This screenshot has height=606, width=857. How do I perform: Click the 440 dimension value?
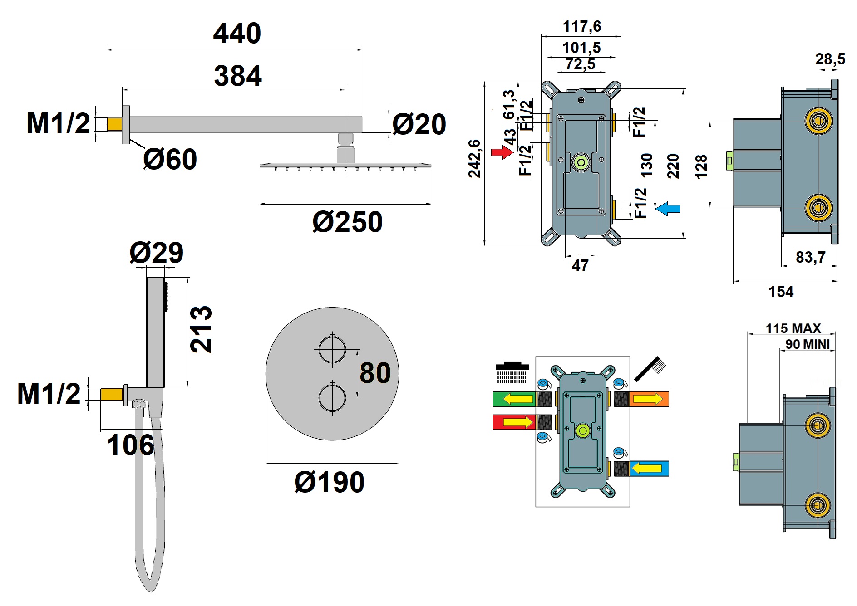pyautogui.click(x=237, y=34)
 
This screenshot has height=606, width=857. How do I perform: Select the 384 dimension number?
pyautogui.click(x=238, y=76)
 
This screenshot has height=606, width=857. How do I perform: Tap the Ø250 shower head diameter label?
pyautogui.click(x=347, y=222)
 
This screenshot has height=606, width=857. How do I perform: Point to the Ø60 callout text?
pyautogui.click(x=170, y=159)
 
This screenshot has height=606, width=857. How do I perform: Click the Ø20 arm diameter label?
pyautogui.click(x=419, y=124)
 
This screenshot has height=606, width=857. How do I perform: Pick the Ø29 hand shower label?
pyautogui.click(x=157, y=253)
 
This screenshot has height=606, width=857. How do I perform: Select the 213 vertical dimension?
pyautogui.click(x=201, y=329)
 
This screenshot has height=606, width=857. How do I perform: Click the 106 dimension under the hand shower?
pyautogui.click(x=130, y=445)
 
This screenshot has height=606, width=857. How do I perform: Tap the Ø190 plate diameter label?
pyautogui.click(x=329, y=482)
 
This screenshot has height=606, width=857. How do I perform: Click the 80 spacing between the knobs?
pyautogui.click(x=375, y=373)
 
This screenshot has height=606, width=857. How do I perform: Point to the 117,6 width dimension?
pyautogui.click(x=582, y=26)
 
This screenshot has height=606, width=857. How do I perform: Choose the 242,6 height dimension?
pyautogui.click(x=474, y=159)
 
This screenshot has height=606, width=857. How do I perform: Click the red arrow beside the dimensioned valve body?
pyautogui.click(x=502, y=152)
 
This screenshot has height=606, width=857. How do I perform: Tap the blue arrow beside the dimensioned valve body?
pyautogui.click(x=668, y=209)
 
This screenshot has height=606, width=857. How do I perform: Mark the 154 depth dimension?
pyautogui.click(x=781, y=292)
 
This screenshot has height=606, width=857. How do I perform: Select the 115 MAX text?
pyautogui.click(x=793, y=328)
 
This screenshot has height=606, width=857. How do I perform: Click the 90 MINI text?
pyautogui.click(x=808, y=344)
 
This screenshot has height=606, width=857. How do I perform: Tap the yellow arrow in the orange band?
pyautogui.click(x=648, y=399)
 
